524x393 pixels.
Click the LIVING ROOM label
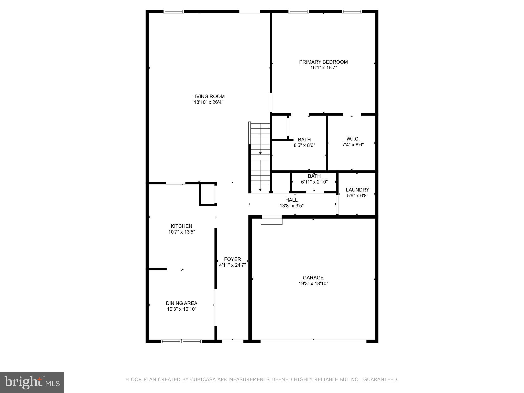coord(208,96)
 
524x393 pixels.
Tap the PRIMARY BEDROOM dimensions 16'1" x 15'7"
coord(323,68)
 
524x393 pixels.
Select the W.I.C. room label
coord(353,139)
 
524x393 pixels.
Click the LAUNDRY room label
coord(357,190)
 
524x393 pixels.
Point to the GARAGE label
coord(313,278)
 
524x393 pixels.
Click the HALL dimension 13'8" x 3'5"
coord(291,206)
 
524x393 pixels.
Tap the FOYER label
coord(232,259)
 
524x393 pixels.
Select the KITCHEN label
coord(181,226)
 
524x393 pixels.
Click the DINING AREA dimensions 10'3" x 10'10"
coord(181,309)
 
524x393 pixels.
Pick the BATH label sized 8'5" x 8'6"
coord(304,140)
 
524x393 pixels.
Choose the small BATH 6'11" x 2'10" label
coord(314,176)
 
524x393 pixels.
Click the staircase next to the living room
coord(260,157)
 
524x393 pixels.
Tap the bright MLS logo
coord(32,382)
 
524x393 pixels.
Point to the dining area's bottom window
coord(181,341)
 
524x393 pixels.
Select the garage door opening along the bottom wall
coord(313,341)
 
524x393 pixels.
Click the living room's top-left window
coord(174,12)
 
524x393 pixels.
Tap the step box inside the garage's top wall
coord(271,220)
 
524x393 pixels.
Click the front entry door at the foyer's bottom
coord(232,341)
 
